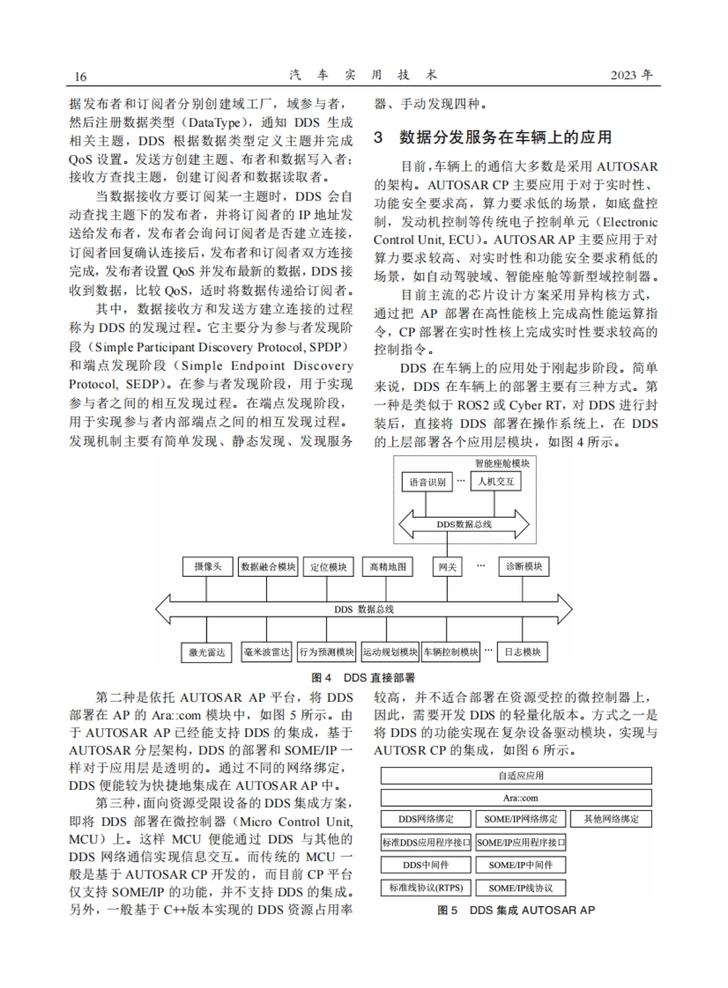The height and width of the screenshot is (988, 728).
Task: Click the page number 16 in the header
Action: (x=80, y=76)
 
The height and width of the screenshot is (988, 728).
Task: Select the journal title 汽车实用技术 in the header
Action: (x=363, y=75)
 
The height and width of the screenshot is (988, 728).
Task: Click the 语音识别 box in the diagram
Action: (x=427, y=482)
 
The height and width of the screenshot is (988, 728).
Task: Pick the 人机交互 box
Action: (x=496, y=482)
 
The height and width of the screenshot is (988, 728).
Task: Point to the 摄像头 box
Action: (x=207, y=567)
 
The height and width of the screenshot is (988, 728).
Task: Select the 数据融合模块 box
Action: (x=268, y=567)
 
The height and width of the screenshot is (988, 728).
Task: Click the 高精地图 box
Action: (x=388, y=567)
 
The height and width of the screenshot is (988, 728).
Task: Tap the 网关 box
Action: (x=447, y=567)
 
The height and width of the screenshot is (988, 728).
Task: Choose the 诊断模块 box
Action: (x=524, y=567)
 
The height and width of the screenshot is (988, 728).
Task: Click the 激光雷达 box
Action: (x=207, y=653)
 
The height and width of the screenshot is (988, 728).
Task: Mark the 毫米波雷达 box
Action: (x=267, y=652)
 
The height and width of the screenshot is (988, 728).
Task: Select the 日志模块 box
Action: (x=522, y=652)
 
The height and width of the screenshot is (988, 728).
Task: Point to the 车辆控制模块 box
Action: (x=451, y=652)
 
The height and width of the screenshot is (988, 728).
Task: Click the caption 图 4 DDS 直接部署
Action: (x=363, y=678)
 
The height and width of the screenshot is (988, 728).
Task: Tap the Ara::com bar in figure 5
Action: (x=516, y=798)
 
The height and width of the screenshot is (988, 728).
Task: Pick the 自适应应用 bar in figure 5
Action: (x=516, y=776)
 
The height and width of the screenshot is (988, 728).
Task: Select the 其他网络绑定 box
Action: (x=611, y=819)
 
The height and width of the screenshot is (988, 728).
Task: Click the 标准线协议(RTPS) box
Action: (x=426, y=888)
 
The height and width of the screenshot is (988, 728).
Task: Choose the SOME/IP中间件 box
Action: (x=520, y=865)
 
